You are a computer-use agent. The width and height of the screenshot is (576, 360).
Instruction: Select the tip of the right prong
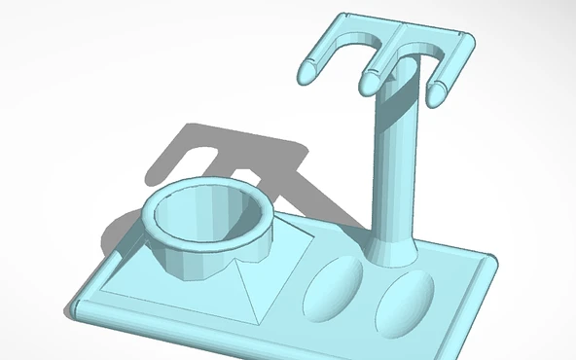coord(434,94)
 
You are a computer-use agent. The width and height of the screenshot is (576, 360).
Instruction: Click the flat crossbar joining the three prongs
coord(394,39)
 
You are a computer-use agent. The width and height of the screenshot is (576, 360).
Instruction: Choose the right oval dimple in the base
coord(404,303)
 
